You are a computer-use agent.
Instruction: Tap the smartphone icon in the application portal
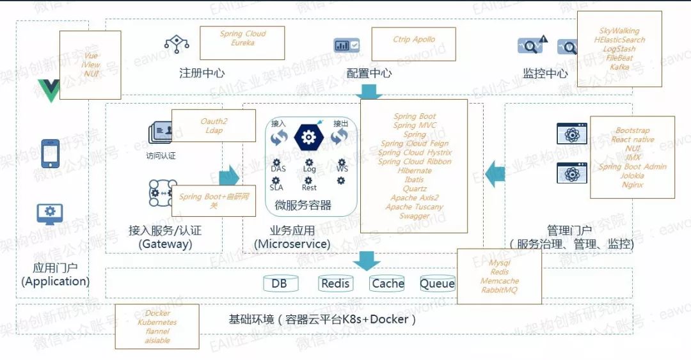coord(50,154)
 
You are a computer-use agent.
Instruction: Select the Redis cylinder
coord(336,283)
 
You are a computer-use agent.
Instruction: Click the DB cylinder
coord(279,283)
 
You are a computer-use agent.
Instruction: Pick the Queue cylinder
coord(437,283)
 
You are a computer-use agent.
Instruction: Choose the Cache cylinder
coord(388,283)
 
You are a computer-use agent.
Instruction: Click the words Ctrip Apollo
coord(414,40)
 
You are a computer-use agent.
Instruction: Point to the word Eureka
coord(242,43)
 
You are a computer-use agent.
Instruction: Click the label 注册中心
coord(202,73)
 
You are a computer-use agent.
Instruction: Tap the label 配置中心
coord(369,73)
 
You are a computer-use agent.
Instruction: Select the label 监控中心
coord(545,73)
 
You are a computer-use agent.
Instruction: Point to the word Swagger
coord(414,216)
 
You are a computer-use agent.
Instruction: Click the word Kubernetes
coord(157,322)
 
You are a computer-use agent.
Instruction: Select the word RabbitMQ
coord(500,290)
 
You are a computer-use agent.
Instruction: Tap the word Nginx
coord(632,185)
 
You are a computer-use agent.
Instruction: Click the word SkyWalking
coord(619,31)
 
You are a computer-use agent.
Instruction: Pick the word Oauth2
coord(214,121)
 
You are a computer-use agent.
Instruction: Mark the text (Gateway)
coord(165,244)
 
